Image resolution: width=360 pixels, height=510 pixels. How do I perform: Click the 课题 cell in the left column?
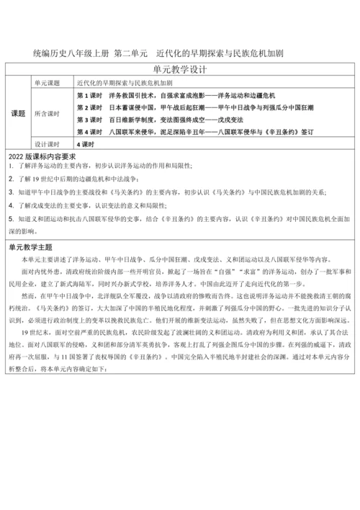[19, 114]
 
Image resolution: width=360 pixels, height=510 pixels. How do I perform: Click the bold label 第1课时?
[89, 95]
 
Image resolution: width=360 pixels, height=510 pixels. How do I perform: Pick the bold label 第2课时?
[89, 107]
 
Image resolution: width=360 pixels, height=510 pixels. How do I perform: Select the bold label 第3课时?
[89, 120]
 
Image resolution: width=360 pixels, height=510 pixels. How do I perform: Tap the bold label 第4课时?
[89, 132]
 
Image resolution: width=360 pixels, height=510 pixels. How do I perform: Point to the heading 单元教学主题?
[32, 246]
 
